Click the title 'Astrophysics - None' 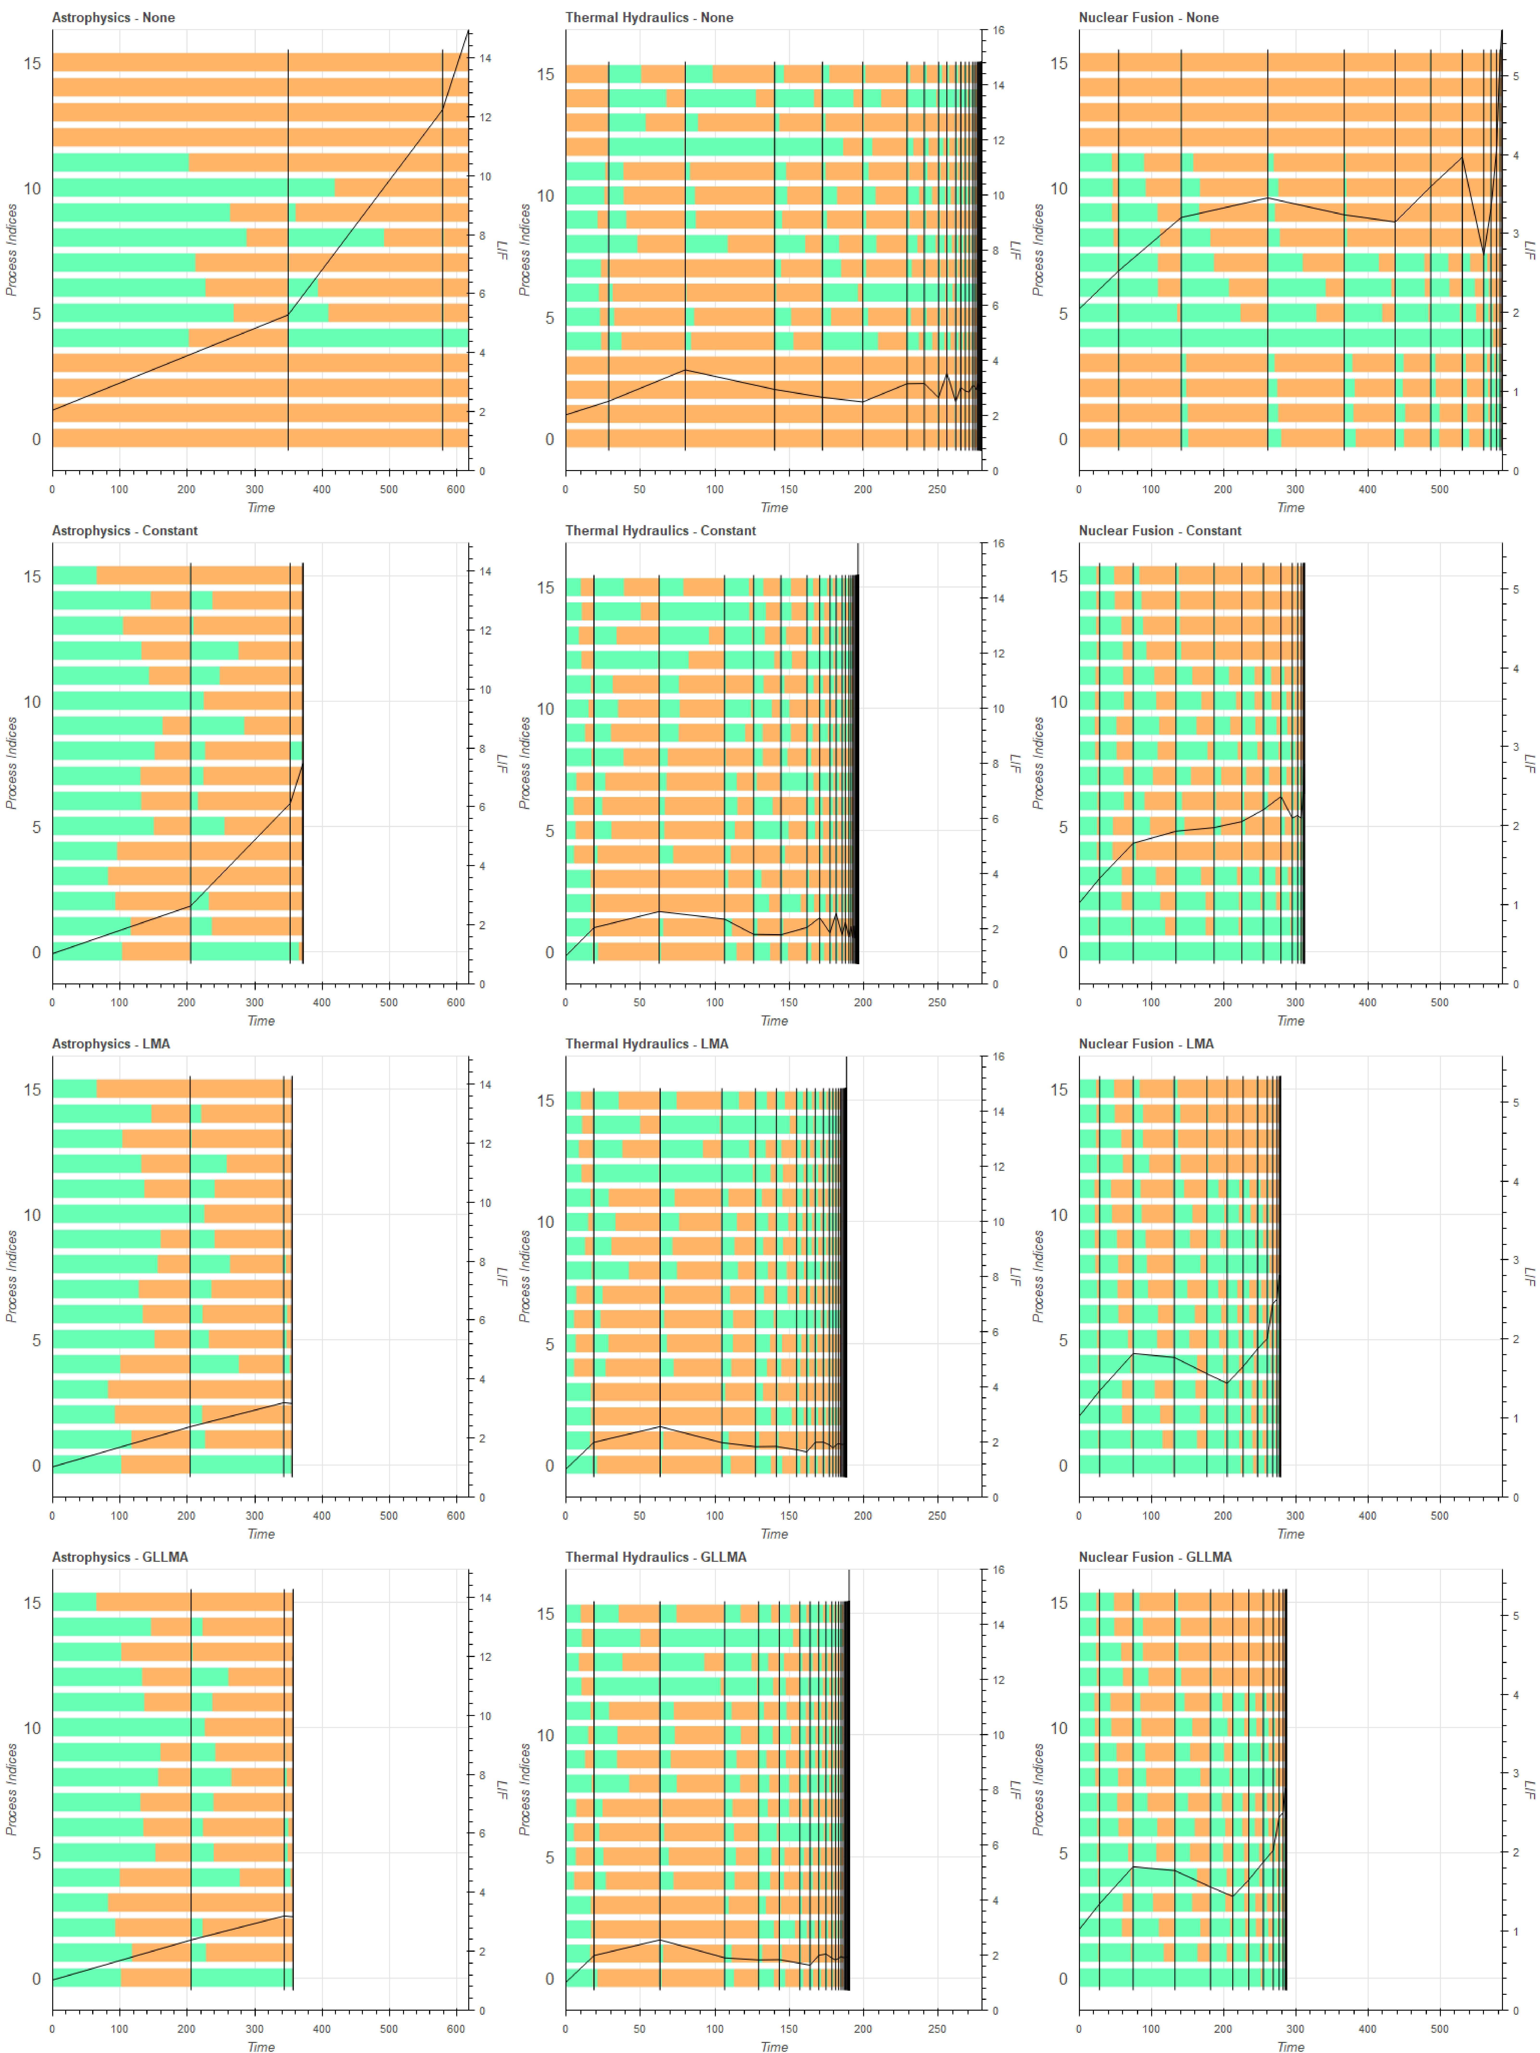point(113,18)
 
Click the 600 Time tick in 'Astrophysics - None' point(456,489)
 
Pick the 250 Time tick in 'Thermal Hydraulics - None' point(937,489)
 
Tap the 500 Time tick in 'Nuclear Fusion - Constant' point(1439,1002)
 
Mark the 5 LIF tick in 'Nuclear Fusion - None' point(1516,76)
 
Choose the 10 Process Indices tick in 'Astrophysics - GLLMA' point(32,1728)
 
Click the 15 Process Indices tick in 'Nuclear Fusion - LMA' point(1059,1090)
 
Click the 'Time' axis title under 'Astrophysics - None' point(261,508)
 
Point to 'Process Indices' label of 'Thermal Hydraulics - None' point(525,251)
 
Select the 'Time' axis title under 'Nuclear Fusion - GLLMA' point(1290,2046)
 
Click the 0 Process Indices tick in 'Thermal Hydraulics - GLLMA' point(550,1979)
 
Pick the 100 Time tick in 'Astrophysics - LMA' point(120,1516)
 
